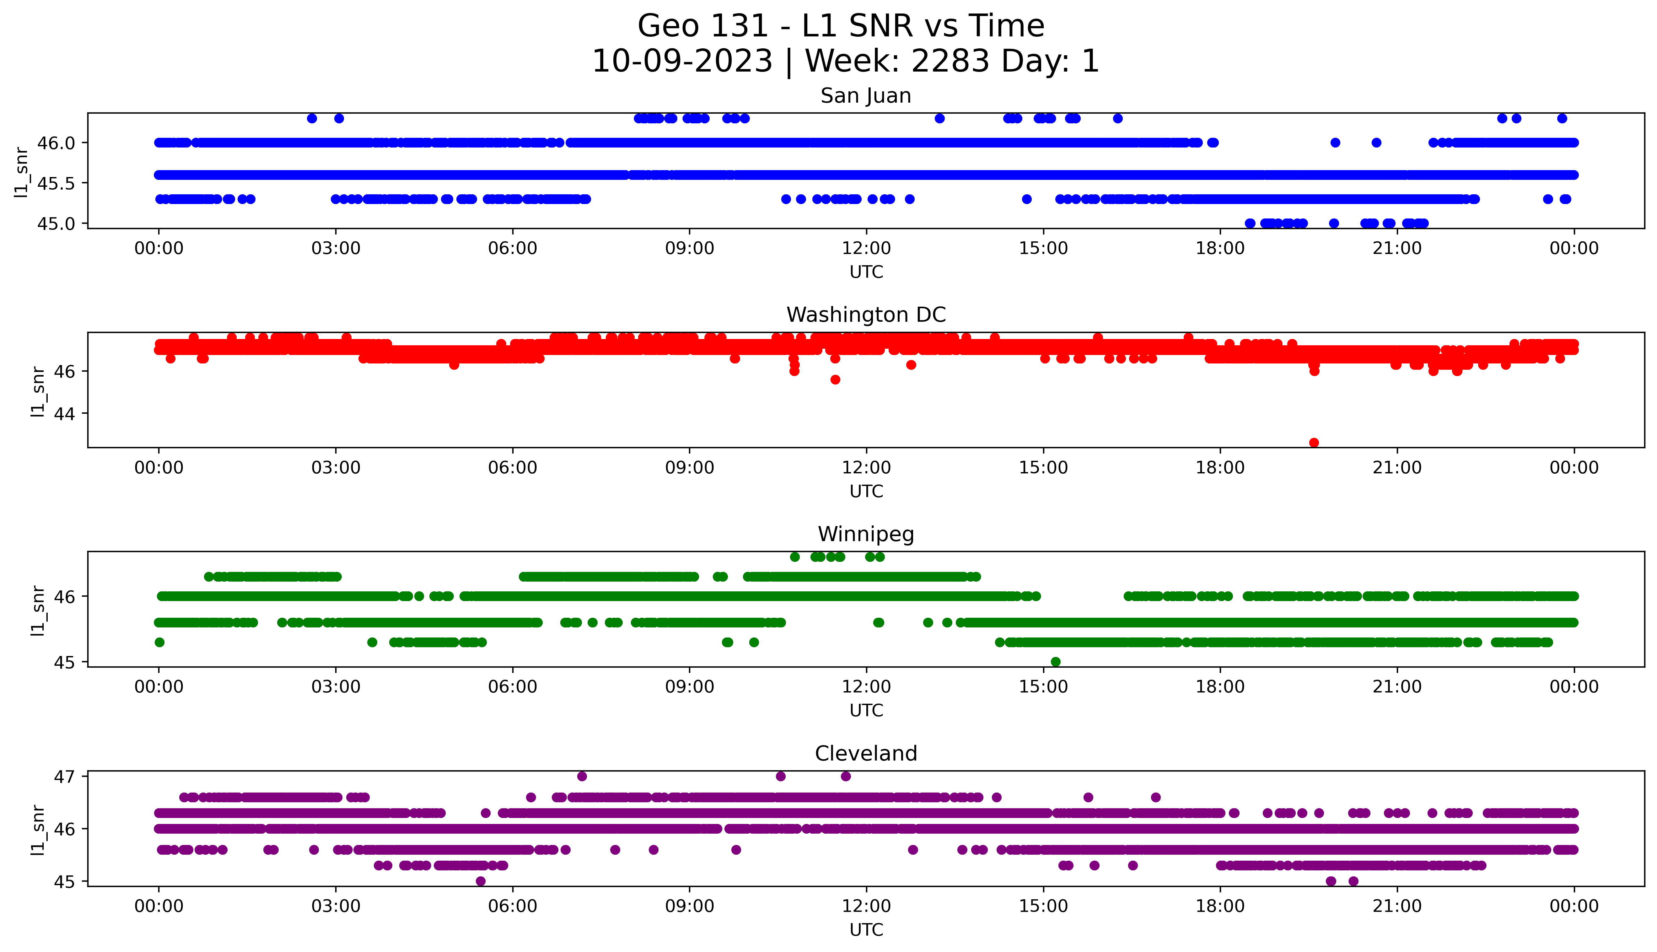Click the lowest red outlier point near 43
click(x=1314, y=443)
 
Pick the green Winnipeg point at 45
click(x=1055, y=662)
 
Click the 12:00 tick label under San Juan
click(x=866, y=249)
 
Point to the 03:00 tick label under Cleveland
click(x=336, y=906)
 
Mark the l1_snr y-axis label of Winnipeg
click(x=38, y=610)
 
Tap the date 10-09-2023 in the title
click(x=682, y=62)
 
